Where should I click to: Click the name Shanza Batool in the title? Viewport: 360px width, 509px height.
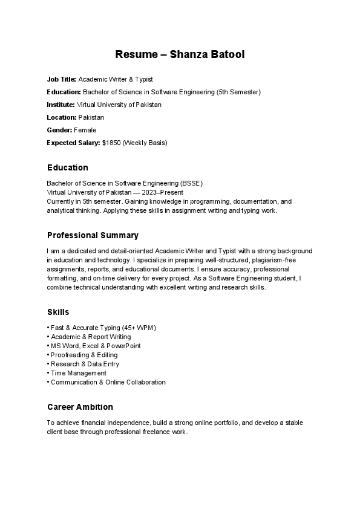[x=207, y=55]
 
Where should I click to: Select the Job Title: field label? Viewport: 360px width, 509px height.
[x=62, y=79]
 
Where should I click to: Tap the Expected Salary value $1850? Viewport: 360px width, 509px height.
[x=112, y=143]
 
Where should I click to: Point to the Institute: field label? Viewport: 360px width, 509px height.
[x=61, y=105]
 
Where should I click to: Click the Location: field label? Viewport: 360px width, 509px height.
[x=62, y=117]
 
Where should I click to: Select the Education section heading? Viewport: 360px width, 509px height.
[x=67, y=167]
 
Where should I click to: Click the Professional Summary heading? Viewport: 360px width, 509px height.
[x=93, y=235]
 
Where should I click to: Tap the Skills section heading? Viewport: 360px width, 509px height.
[x=58, y=312]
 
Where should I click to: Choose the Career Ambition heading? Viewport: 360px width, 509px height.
[x=80, y=407]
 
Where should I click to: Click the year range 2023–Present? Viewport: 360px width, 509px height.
[x=166, y=192]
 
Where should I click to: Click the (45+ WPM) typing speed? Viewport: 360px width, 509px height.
[x=139, y=328]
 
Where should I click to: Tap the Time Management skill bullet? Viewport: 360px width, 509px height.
[x=79, y=373]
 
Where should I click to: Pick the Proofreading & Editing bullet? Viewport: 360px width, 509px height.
[x=84, y=355]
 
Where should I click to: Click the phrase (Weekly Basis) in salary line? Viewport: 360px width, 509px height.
[x=145, y=143]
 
